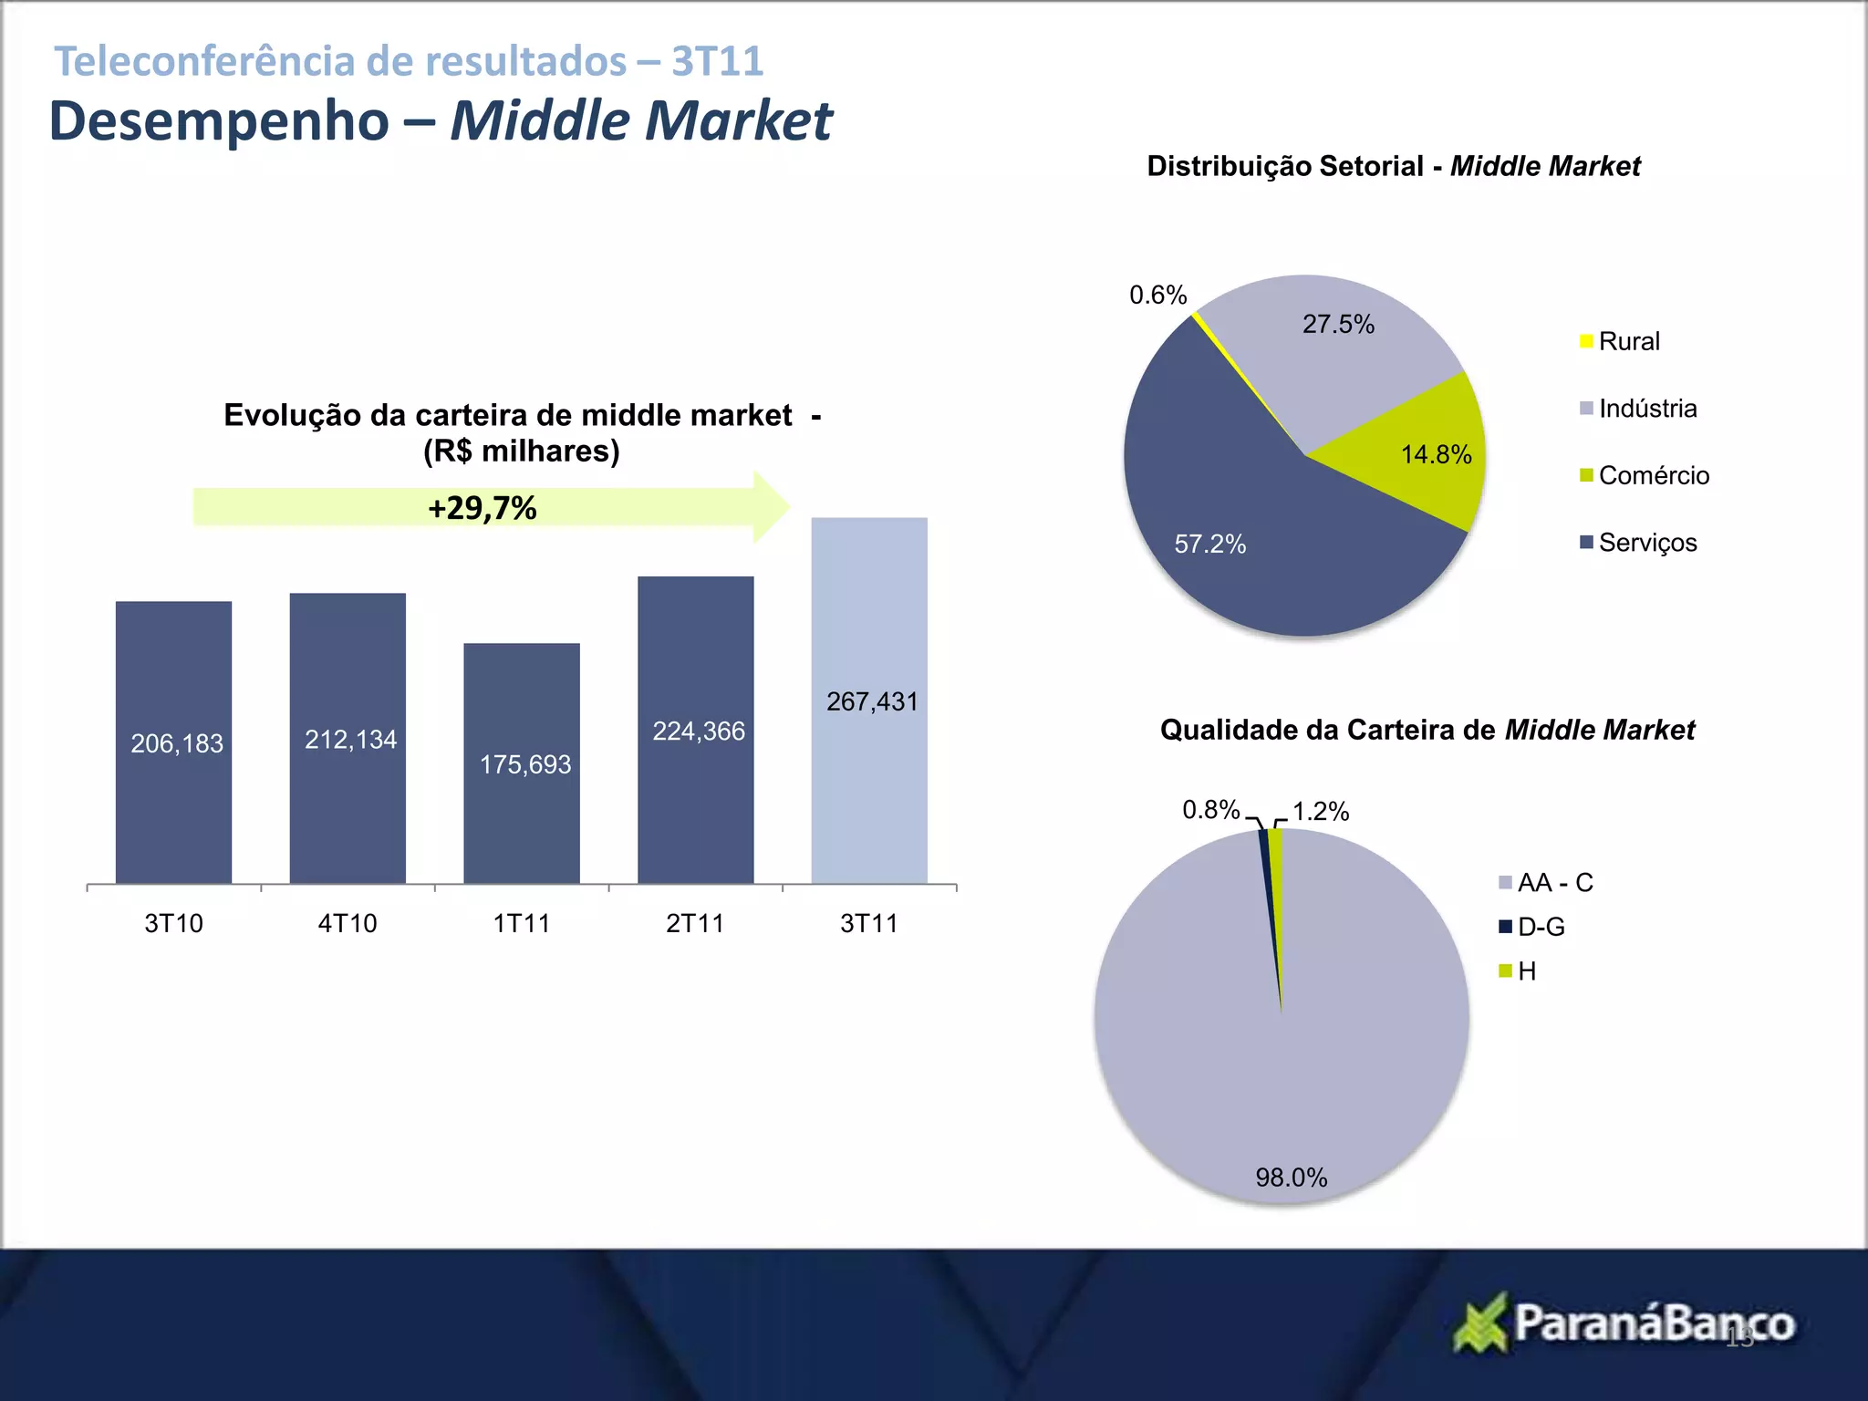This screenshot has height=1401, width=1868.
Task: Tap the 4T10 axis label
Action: [347, 923]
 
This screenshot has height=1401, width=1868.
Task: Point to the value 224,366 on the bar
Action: [698, 731]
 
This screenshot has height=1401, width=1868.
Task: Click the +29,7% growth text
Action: [482, 508]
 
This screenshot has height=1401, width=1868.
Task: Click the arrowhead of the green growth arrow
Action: [771, 507]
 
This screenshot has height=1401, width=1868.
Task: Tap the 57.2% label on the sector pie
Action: [1209, 544]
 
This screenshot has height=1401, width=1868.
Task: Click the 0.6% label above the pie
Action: [1157, 295]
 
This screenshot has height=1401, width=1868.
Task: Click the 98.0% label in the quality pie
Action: [1291, 1178]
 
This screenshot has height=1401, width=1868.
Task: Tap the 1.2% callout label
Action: [1320, 811]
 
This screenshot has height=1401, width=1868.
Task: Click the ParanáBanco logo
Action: [1624, 1323]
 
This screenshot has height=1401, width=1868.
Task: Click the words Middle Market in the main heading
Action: [640, 120]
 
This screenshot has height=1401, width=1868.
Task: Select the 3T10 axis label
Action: [173, 923]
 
